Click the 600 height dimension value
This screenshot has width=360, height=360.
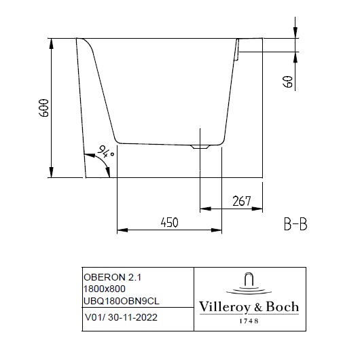pos(44,108)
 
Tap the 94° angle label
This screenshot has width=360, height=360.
pos(105,152)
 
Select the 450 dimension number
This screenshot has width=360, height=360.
pos(169,223)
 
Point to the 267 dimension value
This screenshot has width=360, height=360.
pos(242,201)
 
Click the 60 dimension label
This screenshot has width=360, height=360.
pos(289,82)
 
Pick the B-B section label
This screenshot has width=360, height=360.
pos(295,224)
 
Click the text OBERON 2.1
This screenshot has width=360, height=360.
pos(112,277)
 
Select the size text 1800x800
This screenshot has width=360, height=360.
pos(105,289)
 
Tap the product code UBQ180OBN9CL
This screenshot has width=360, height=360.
pos(122,301)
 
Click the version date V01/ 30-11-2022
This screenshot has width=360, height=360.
pos(121,317)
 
